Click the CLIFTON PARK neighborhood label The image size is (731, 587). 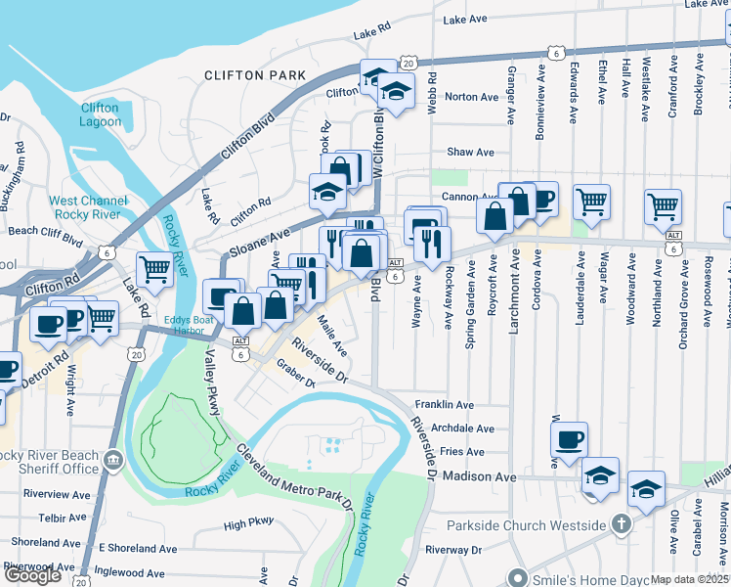click(248, 75)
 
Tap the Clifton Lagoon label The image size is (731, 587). click(101, 114)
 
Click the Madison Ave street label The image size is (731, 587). click(478, 476)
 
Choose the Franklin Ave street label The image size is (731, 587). click(444, 405)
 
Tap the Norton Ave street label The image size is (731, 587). click(471, 97)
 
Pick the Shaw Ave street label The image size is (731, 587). click(470, 153)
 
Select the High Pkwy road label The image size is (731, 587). click(248, 525)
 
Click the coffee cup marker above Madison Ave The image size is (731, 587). click(569, 440)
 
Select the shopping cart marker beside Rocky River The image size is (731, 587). click(154, 267)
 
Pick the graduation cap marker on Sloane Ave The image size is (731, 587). click(327, 192)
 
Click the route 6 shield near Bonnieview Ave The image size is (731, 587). click(554, 52)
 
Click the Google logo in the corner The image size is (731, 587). click(32, 575)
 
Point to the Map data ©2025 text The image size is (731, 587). click(690, 579)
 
